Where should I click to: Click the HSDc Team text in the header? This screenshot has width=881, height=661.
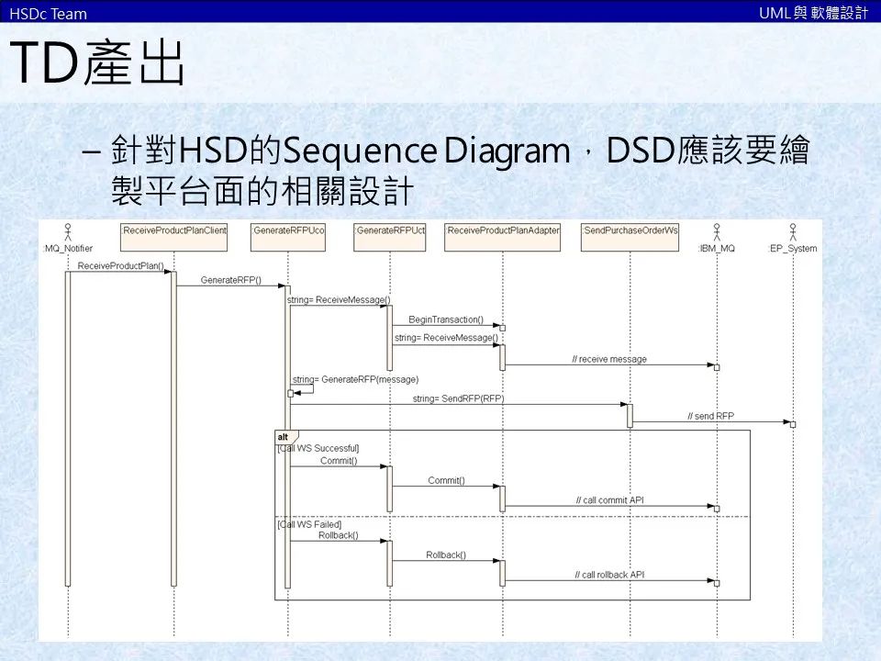(x=48, y=13)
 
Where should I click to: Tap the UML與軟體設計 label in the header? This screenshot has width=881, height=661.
(x=813, y=13)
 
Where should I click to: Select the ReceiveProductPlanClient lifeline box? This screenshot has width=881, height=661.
(x=173, y=230)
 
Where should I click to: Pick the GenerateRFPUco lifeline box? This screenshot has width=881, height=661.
(x=288, y=230)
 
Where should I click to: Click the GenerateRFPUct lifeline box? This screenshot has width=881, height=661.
(x=390, y=230)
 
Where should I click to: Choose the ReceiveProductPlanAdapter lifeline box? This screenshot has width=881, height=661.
(x=503, y=230)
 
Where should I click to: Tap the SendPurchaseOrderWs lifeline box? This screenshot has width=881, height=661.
(x=630, y=230)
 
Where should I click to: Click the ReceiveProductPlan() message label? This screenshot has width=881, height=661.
(x=121, y=266)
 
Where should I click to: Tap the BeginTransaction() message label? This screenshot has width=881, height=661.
(x=445, y=319)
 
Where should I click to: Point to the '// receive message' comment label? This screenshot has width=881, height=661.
(x=609, y=359)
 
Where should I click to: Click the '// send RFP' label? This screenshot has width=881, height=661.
(x=711, y=416)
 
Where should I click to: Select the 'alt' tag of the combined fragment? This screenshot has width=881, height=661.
(x=284, y=437)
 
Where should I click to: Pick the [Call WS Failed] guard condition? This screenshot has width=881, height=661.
(x=309, y=524)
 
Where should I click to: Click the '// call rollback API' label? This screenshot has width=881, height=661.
(x=610, y=575)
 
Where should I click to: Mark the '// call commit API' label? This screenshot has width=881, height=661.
(x=610, y=500)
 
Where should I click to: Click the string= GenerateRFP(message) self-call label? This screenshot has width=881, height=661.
(x=355, y=378)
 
